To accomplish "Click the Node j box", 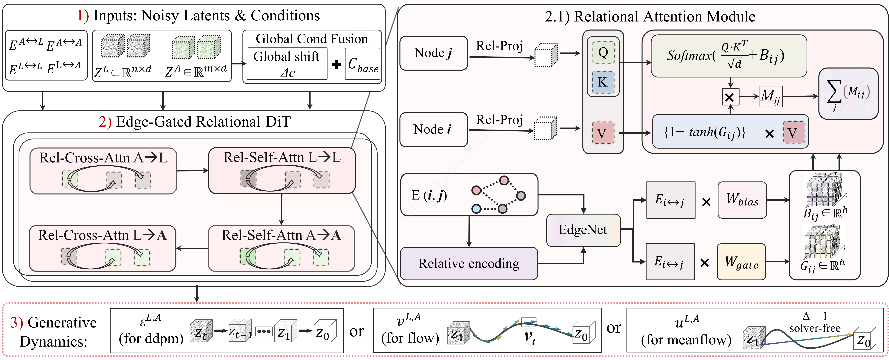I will point(434,53).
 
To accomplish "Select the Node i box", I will point(434,129).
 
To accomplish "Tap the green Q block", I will point(603,52).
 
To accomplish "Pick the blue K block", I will point(603,82).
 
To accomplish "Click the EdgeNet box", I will point(583,230).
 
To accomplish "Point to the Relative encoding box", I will point(469,263).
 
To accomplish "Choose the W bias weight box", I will point(742,200).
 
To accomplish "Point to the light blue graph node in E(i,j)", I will point(476,208).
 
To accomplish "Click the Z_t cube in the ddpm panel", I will point(201,331).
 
